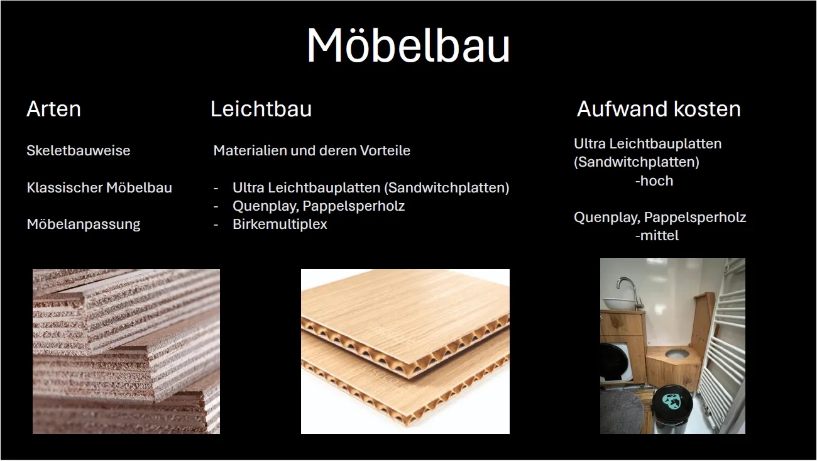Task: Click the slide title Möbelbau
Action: pyautogui.click(x=408, y=46)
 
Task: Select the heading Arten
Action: pyautogui.click(x=53, y=109)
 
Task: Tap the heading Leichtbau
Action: pyautogui.click(x=261, y=109)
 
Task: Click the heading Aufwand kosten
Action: pyautogui.click(x=659, y=109)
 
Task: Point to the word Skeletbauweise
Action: pyautogui.click(x=79, y=150)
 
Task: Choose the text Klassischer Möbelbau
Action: pyautogui.click(x=99, y=187)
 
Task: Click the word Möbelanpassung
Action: pyautogui.click(x=84, y=224)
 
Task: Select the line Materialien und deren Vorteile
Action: pyautogui.click(x=312, y=150)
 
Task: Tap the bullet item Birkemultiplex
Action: pyautogui.click(x=280, y=224)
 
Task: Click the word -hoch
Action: pyautogui.click(x=654, y=181)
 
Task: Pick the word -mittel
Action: pyautogui.click(x=657, y=235)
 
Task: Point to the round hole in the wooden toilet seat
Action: pyautogui.click(x=677, y=353)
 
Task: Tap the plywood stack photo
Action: pyautogui.click(x=126, y=352)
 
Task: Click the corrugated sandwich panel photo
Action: pyautogui.click(x=405, y=352)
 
